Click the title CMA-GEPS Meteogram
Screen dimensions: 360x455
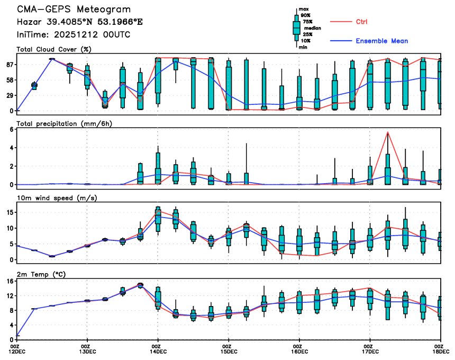pyautogui.click(x=74, y=10)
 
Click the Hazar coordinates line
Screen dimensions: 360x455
pyautogui.click(x=79, y=22)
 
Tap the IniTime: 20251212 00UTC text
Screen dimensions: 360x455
pyautogui.click(x=74, y=34)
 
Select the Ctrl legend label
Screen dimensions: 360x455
pyautogui.click(x=361, y=22)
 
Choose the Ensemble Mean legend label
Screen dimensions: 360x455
pyautogui.click(x=381, y=41)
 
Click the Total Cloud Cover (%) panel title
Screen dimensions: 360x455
pyautogui.click(x=53, y=49)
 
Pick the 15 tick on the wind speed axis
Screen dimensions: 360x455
pyautogui.click(x=9, y=212)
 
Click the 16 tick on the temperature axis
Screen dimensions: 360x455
pyautogui.click(x=9, y=281)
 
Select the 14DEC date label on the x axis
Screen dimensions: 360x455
pyautogui.click(x=158, y=352)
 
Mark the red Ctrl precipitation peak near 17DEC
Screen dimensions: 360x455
pyautogui.click(x=388, y=132)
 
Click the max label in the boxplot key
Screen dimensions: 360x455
pyautogui.click(x=304, y=10)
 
